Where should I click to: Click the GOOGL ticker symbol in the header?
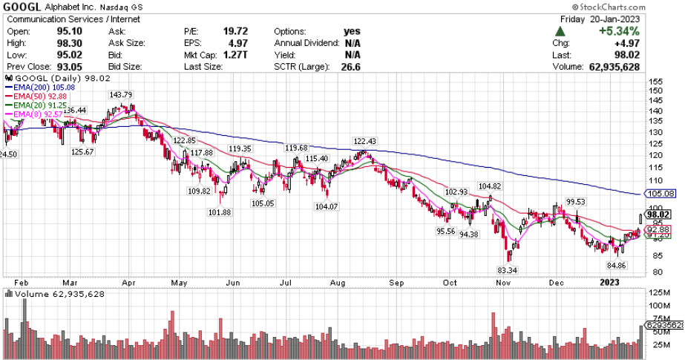(22, 7)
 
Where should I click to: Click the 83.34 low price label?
(507, 269)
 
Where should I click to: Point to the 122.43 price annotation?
(365, 141)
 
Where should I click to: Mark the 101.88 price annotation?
(221, 212)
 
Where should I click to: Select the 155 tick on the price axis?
(655, 81)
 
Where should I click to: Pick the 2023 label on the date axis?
(609, 282)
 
